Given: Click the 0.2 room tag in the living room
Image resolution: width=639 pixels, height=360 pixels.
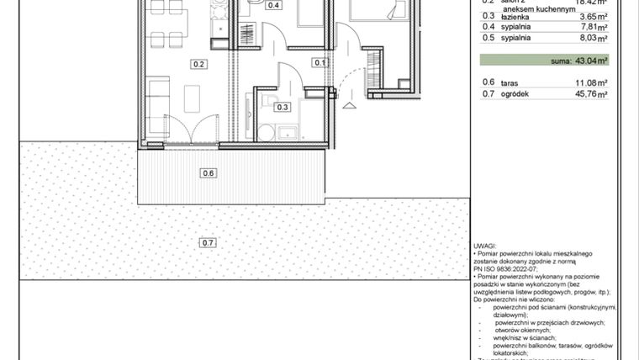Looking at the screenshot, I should point(199,64).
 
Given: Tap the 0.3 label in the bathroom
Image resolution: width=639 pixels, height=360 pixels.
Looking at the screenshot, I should point(283,107).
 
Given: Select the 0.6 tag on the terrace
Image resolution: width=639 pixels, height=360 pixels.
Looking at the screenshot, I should point(209,174).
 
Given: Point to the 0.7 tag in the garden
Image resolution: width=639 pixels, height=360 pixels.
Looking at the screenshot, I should point(209,244).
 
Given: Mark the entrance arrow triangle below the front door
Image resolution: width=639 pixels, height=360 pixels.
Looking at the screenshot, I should point(349,104).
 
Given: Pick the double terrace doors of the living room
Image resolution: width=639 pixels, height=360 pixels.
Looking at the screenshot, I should point(195,130).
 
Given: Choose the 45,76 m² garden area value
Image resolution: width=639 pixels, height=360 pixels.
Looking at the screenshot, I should point(590,93).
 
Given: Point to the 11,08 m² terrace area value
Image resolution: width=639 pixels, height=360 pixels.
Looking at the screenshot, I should point(590,82).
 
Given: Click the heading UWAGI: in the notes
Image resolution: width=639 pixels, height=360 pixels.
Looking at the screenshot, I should point(487,245).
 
